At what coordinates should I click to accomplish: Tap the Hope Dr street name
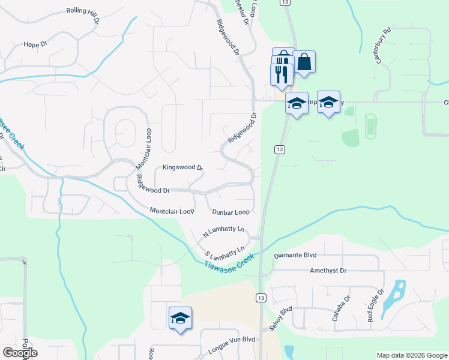[35, 44]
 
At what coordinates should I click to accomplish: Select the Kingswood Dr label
[183, 168]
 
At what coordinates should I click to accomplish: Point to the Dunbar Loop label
[231, 212]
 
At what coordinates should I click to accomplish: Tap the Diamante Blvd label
[295, 255]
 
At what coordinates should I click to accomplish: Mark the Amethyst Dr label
[328, 271]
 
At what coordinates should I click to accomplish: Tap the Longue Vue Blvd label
[232, 339]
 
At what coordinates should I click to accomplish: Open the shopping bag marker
[304, 62]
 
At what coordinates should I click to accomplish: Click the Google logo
[20, 353]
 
